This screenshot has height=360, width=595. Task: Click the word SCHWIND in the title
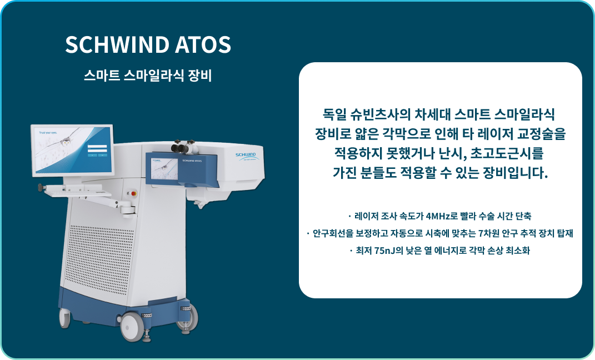113,45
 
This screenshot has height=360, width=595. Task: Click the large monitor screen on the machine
73,149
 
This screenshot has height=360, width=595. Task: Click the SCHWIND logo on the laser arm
245,154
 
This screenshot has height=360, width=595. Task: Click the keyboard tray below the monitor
78,191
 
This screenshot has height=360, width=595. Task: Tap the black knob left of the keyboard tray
41,188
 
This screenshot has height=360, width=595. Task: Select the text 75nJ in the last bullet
383,251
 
